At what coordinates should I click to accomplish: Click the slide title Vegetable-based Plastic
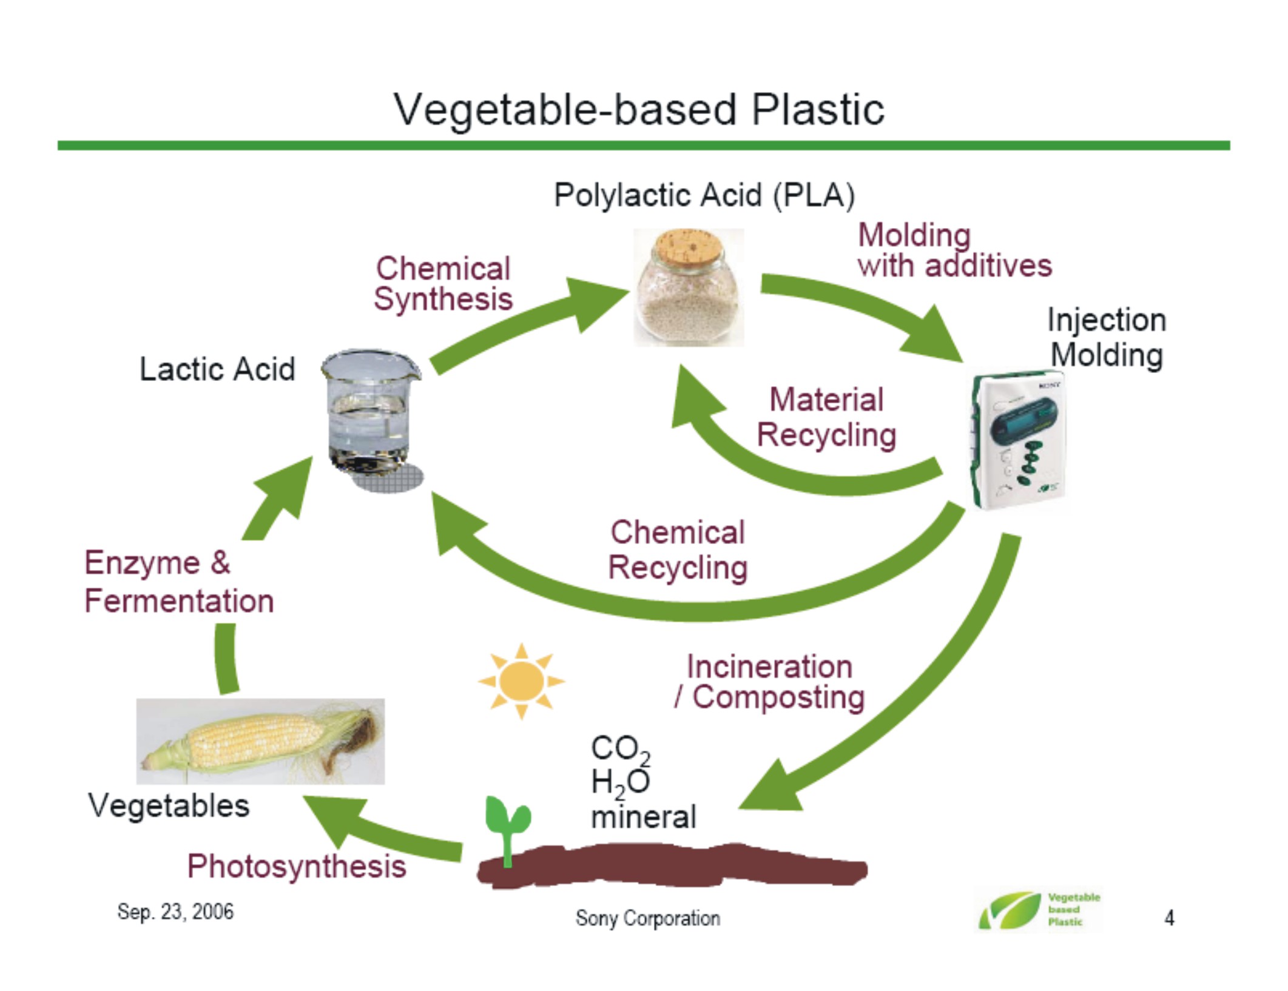pyautogui.click(x=639, y=110)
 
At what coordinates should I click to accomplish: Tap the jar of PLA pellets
pyautogui.click(x=689, y=287)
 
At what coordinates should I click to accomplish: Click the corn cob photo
pyautogui.click(x=260, y=741)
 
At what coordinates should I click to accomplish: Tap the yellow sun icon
pyautogui.click(x=521, y=680)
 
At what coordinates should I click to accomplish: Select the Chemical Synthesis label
pyautogui.click(x=443, y=284)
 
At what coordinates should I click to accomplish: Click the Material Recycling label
pyautogui.click(x=826, y=417)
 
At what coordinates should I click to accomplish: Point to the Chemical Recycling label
pyautogui.click(x=678, y=550)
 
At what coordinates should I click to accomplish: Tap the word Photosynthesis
pyautogui.click(x=297, y=866)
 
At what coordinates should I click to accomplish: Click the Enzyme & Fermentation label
pyautogui.click(x=179, y=582)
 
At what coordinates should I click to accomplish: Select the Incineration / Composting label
pyautogui.click(x=769, y=682)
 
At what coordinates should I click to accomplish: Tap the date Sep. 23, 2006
pyautogui.click(x=175, y=912)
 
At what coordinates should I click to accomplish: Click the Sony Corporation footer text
pyautogui.click(x=648, y=918)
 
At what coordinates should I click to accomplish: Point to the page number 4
pyautogui.click(x=1169, y=918)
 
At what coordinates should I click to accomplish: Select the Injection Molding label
pyautogui.click(x=1107, y=337)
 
